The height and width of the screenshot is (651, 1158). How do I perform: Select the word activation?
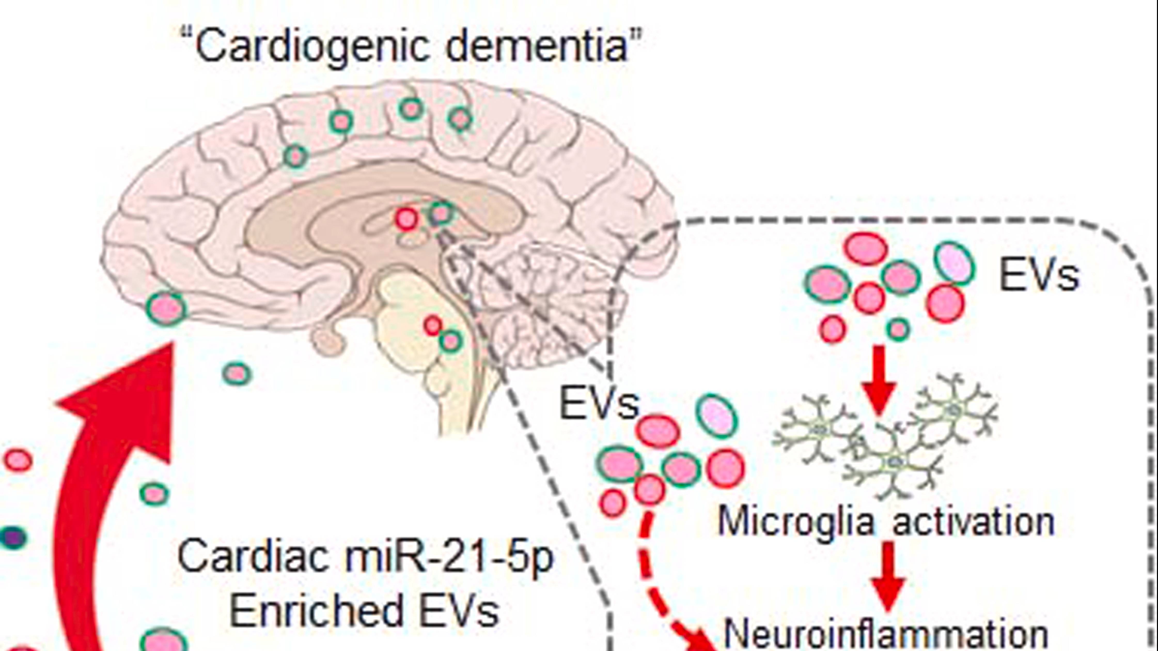[x=974, y=522]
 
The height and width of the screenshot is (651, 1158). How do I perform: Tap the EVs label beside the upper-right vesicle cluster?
[x=1038, y=275]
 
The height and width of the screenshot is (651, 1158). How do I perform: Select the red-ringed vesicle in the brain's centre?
[x=407, y=219]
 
